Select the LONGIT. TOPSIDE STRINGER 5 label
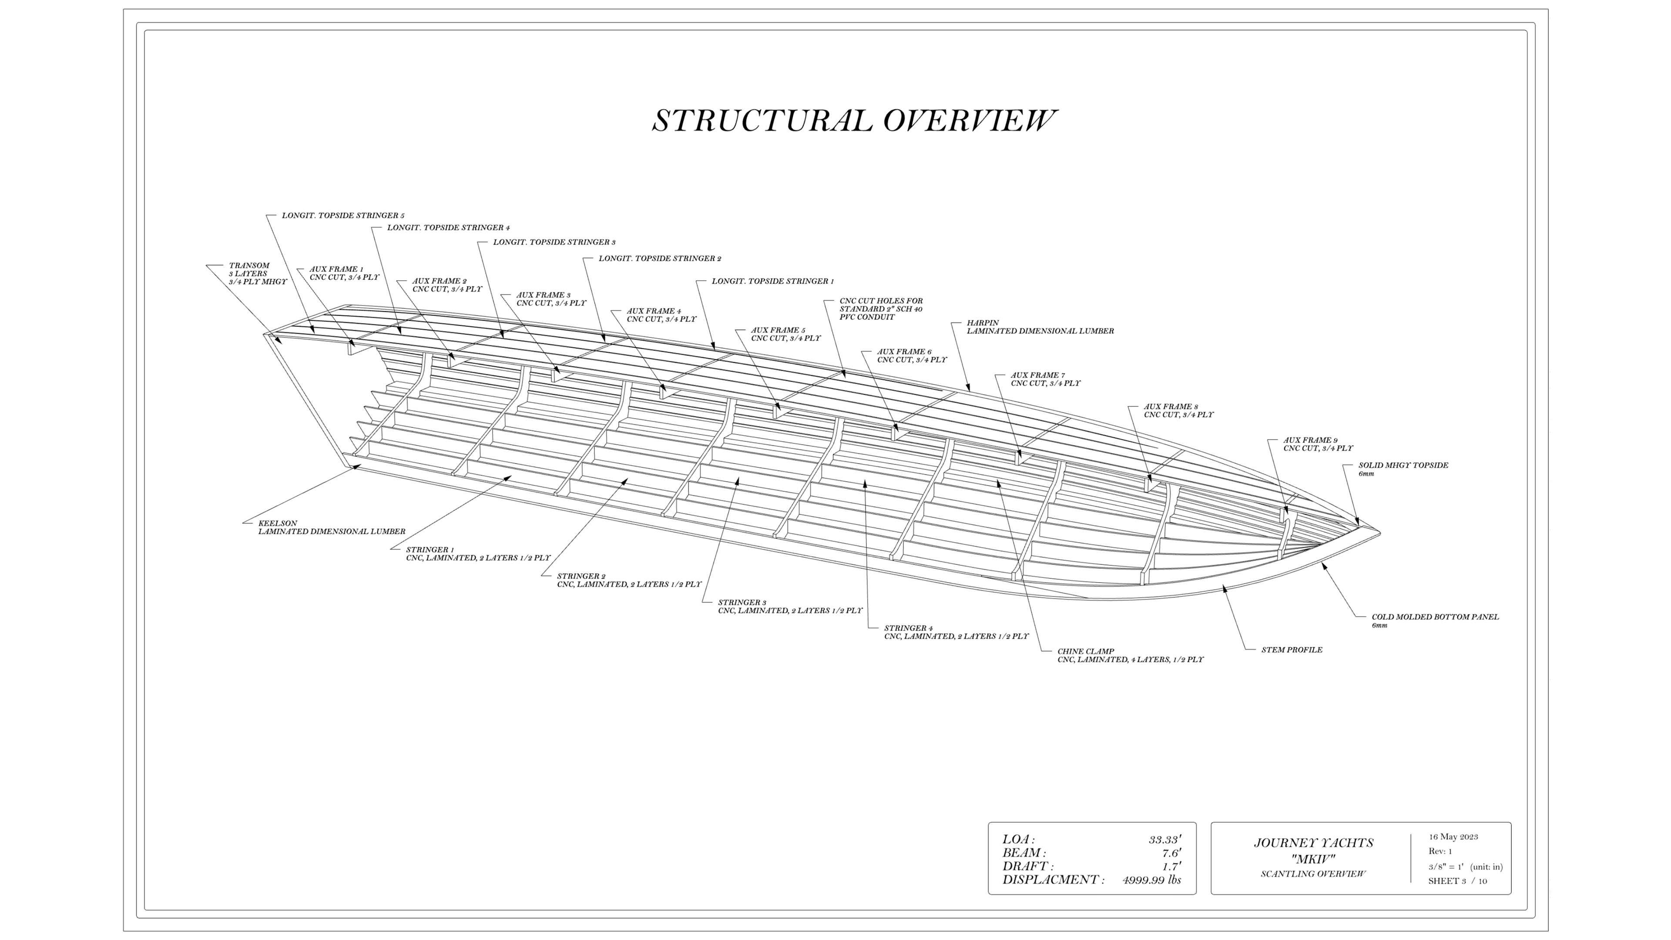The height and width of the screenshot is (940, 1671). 343,215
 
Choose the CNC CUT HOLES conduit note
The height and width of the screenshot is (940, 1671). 881,309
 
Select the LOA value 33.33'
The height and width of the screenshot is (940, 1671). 1164,840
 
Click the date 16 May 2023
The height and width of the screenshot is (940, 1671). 1453,837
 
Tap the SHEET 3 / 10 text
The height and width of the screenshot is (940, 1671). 1457,881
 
